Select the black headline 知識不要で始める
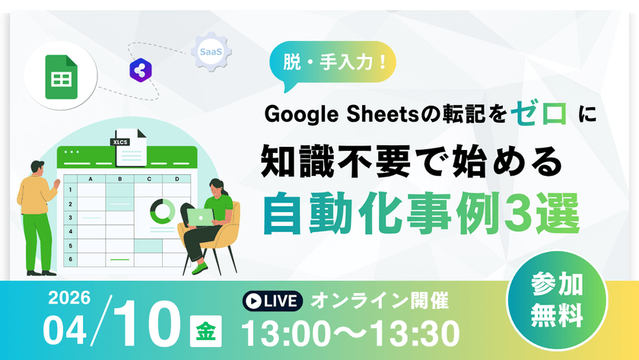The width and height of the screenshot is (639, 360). coord(411,161)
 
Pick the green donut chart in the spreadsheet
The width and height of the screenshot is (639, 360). coord(162,210)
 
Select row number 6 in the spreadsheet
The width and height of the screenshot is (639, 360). coord(70,260)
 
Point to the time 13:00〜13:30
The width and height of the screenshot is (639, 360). coord(351,333)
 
